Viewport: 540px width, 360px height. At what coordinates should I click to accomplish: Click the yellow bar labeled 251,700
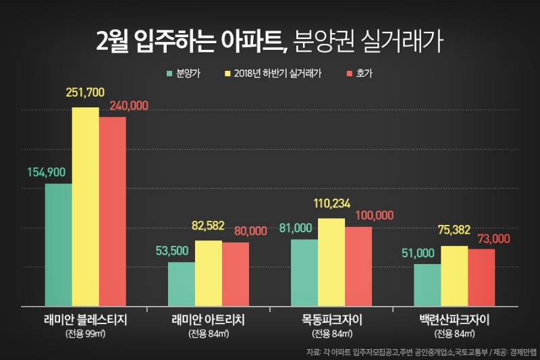click(86, 206)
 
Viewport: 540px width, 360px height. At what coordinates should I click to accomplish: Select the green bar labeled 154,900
click(58, 245)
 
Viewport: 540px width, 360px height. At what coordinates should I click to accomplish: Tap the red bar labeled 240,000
click(113, 211)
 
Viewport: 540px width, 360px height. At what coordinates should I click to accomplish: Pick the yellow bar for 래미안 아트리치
click(209, 273)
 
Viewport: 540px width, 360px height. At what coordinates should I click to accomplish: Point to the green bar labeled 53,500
click(182, 284)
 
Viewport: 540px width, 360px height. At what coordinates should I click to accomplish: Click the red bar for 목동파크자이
click(358, 266)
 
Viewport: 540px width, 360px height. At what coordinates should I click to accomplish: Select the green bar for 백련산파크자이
click(427, 284)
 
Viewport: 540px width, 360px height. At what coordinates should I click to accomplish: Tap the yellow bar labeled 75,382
click(454, 276)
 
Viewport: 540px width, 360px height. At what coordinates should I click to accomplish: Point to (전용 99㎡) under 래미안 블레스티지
click(85, 334)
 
